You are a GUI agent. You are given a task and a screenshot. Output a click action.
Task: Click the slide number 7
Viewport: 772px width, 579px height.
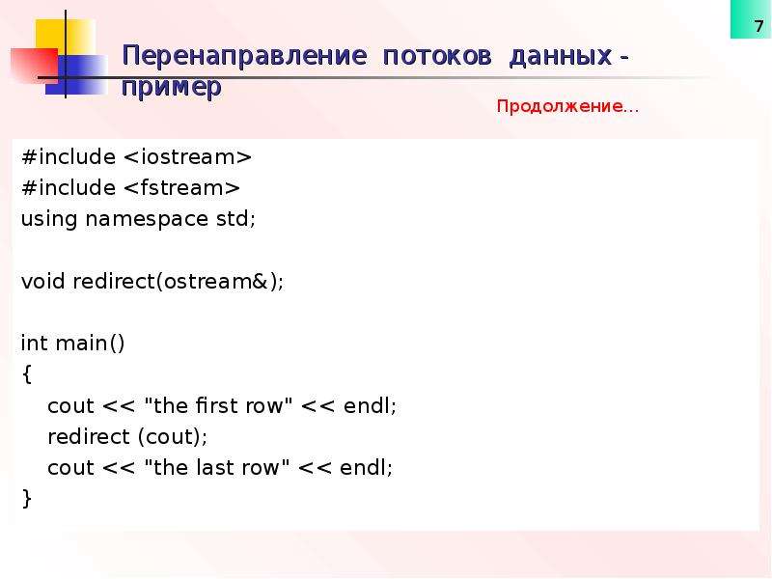tap(758, 26)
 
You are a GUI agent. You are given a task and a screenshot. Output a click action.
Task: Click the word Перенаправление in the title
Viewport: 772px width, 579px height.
tap(245, 55)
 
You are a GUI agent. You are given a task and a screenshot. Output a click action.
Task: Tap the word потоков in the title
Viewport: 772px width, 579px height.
tap(437, 56)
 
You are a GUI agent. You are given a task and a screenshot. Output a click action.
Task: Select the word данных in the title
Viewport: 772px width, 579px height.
tap(561, 57)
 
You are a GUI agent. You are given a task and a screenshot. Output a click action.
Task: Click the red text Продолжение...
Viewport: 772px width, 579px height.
tap(567, 106)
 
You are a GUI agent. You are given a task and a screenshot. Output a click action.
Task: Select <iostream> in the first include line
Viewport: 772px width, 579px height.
tap(187, 157)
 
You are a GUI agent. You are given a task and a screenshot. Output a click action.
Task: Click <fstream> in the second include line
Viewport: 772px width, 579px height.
tap(181, 187)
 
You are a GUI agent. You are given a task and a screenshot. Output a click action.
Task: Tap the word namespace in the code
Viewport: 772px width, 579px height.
tap(147, 220)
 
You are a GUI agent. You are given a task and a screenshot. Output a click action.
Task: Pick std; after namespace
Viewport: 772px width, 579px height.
tap(235, 219)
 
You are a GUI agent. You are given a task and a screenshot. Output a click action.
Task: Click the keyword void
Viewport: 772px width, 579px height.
tap(42, 281)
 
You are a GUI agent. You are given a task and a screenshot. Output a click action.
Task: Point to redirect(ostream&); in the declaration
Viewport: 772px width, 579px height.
tap(179, 281)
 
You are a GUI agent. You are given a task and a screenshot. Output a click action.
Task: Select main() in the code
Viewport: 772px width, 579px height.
tap(90, 344)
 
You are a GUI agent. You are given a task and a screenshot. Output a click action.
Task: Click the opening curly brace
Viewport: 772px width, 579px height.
tap(27, 374)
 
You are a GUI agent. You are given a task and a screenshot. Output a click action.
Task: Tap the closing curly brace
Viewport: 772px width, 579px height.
tap(27, 498)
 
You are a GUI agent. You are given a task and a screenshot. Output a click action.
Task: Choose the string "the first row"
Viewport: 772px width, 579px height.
tap(218, 405)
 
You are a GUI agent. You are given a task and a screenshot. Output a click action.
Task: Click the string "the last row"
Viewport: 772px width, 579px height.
tap(216, 467)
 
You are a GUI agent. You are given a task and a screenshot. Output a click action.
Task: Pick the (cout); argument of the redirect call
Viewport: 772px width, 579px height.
tap(173, 437)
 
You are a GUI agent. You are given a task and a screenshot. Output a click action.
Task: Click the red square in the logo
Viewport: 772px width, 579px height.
tap(35, 66)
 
